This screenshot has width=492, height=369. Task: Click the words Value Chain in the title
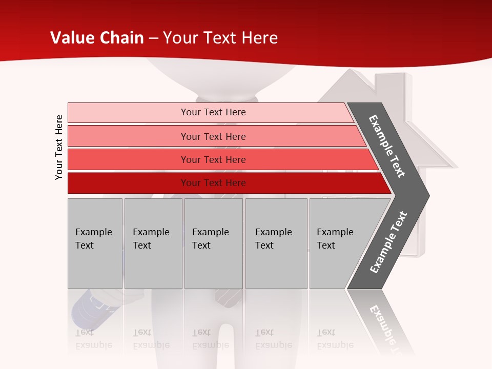pyautogui.click(x=97, y=37)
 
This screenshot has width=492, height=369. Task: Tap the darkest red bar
pyautogui.click(x=128, y=183)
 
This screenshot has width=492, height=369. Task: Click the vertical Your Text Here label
pyautogui.click(x=59, y=147)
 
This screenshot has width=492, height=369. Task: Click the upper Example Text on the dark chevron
pyautogui.click(x=387, y=146)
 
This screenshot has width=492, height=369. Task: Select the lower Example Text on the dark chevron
pyautogui.click(x=388, y=242)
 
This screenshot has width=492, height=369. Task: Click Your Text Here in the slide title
pyautogui.click(x=220, y=37)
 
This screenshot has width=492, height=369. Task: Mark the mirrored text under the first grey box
pyautogui.click(x=93, y=339)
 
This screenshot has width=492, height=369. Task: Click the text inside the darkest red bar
pyautogui.click(x=213, y=183)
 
